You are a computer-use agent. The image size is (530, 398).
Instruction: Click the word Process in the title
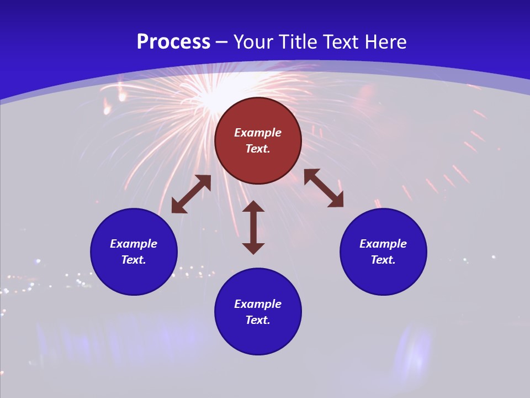(173, 42)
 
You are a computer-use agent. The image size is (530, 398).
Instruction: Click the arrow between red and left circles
(191, 194)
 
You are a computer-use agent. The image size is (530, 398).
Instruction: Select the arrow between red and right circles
(324, 188)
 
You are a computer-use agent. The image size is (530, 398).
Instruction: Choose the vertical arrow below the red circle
(253, 227)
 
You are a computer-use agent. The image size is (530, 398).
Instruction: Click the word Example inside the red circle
(258, 133)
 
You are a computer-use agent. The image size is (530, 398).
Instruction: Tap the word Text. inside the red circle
(258, 149)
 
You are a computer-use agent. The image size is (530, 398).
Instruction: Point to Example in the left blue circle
(134, 244)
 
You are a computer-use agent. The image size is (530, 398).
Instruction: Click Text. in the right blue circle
(383, 260)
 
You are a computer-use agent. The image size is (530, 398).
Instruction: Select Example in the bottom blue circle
(258, 304)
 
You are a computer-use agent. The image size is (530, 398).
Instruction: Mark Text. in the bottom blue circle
(258, 320)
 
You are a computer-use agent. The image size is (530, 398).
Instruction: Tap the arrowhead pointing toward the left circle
(178, 207)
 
